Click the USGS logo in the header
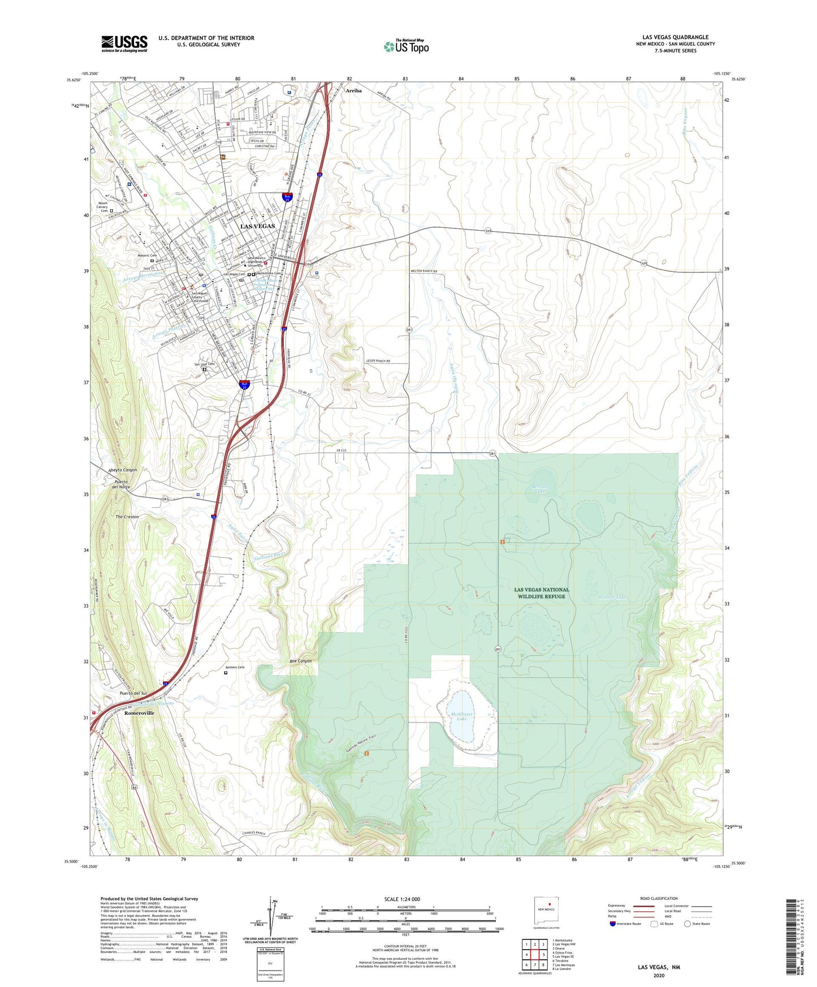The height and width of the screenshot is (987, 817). point(124,44)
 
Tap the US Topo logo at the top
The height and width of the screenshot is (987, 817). point(405,46)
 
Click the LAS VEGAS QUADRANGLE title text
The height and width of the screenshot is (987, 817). point(675,37)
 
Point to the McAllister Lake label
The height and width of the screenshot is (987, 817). point(461,717)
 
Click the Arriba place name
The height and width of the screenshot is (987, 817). point(353,90)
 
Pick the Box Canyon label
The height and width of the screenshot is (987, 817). point(300,661)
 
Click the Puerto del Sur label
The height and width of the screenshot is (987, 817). point(133,693)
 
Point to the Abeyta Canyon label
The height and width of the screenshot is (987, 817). point(123,470)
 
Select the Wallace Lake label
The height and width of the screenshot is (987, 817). point(612,597)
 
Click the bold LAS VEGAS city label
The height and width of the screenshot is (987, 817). point(258,226)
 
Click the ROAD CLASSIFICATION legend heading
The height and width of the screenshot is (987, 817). point(659,898)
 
